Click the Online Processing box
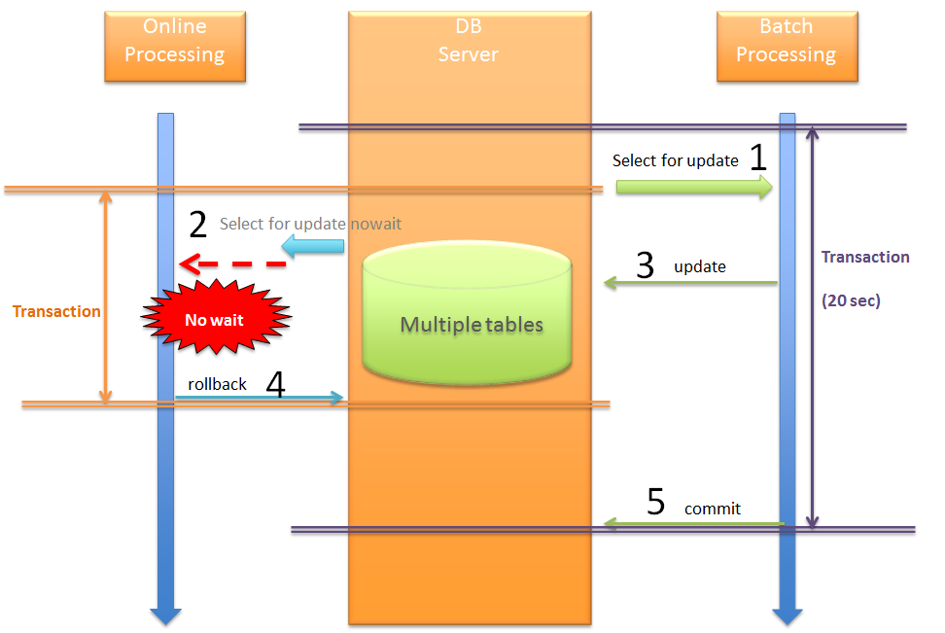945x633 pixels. coord(175,46)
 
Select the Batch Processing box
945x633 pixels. coord(787,46)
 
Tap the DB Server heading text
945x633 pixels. coord(469,41)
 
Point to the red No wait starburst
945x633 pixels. coord(214,319)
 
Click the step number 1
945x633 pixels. coord(758,158)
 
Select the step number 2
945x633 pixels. coord(197,225)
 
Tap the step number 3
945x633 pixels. coord(645,265)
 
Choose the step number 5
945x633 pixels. coord(656,502)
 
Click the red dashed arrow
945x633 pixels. coord(232,264)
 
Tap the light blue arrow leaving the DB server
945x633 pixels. coord(313,251)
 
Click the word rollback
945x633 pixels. coord(217,384)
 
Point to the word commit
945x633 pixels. coord(712,509)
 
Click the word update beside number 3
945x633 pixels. coord(700,265)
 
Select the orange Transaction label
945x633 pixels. coord(56,311)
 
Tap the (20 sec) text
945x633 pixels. coord(851,300)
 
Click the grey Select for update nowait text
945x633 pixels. coord(310,224)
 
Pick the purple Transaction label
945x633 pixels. coord(865,257)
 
